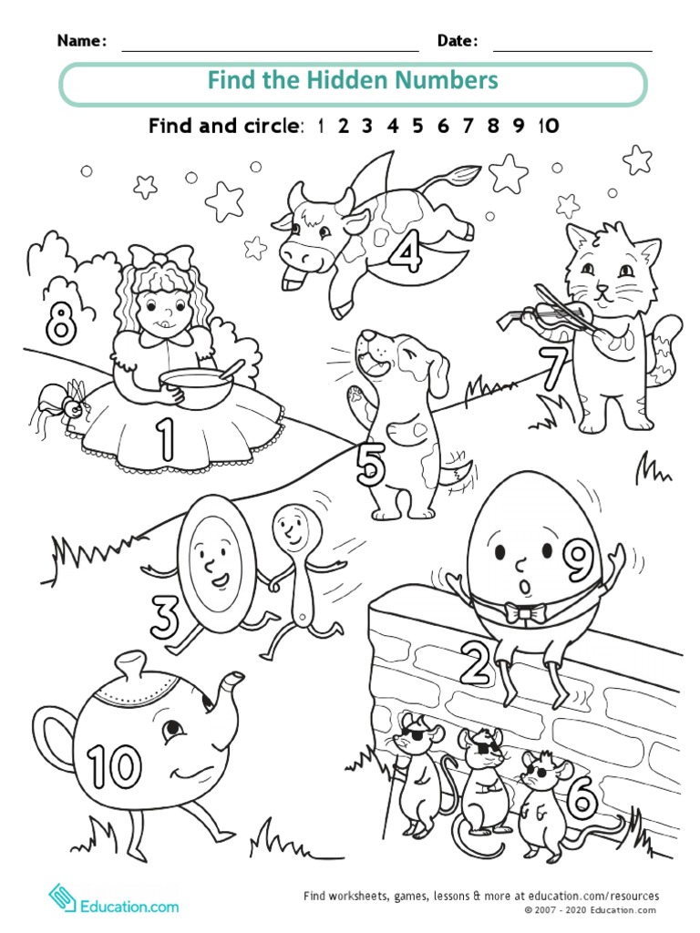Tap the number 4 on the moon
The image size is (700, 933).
[405, 251]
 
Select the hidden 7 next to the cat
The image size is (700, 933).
[552, 369]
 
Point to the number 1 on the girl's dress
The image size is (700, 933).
[165, 438]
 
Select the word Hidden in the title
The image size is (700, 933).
[350, 80]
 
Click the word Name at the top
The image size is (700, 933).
[82, 40]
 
